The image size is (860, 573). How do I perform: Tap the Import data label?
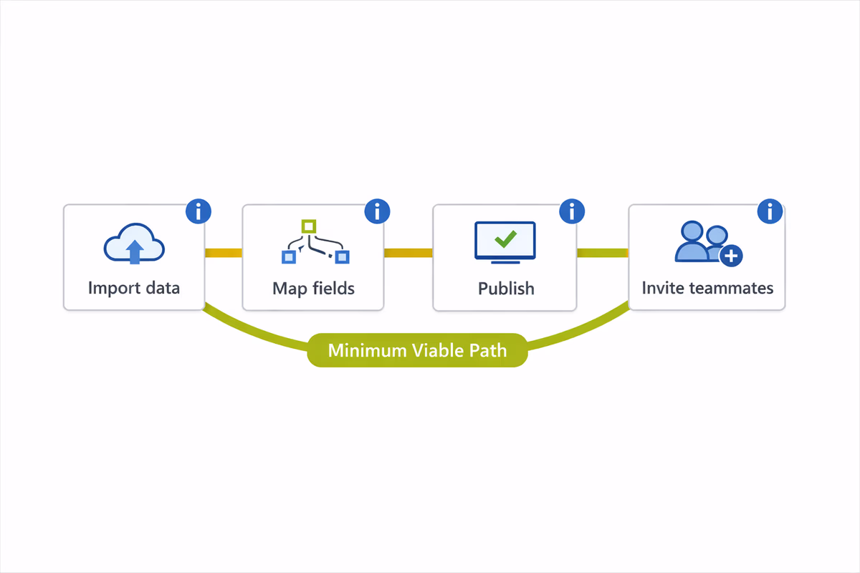[134, 288]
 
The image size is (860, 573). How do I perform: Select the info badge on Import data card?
[199, 211]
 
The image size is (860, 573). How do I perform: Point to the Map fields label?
[313, 289]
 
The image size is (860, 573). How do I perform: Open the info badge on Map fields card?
[377, 211]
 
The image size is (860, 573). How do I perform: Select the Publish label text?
[506, 289]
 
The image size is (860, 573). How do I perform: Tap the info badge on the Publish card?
[572, 211]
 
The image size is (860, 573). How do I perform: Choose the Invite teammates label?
[707, 288]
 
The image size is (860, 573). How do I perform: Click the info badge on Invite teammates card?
[770, 211]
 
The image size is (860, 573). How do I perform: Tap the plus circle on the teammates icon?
[730, 256]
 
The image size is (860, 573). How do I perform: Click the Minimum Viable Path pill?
[417, 350]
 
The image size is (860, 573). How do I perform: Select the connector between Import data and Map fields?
[224, 253]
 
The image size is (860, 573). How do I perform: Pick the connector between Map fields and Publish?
[408, 253]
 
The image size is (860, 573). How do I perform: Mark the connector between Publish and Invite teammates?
[603, 253]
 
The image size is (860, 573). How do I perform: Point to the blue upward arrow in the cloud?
[134, 250]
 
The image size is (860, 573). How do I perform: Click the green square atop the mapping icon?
[308, 226]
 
